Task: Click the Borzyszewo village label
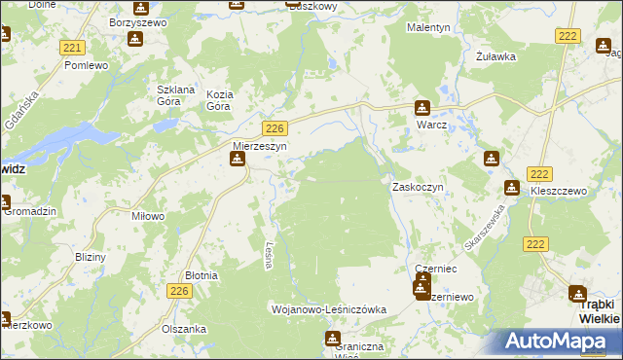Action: (136, 20)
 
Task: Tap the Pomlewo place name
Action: (85, 65)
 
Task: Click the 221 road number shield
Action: (70, 47)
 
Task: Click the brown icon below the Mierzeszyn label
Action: (237, 162)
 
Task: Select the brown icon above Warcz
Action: (421, 108)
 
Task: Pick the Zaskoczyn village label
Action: (418, 186)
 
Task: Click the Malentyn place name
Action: (428, 28)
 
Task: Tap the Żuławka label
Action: (495, 56)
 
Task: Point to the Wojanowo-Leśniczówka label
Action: (328, 309)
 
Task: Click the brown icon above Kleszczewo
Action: (512, 188)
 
